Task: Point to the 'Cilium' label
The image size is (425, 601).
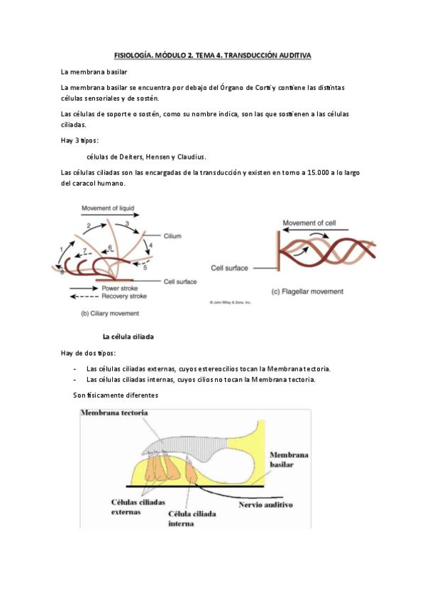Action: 173,236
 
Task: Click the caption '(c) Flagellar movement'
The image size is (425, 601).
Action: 307,291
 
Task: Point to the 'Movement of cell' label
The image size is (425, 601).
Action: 314,223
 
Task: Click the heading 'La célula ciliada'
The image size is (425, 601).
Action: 128,337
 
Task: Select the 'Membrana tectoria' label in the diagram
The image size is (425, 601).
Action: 114,412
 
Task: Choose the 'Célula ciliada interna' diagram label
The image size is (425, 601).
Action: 187,519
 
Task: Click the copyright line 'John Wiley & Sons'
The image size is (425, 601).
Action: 230,303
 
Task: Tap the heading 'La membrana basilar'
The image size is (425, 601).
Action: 94,72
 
